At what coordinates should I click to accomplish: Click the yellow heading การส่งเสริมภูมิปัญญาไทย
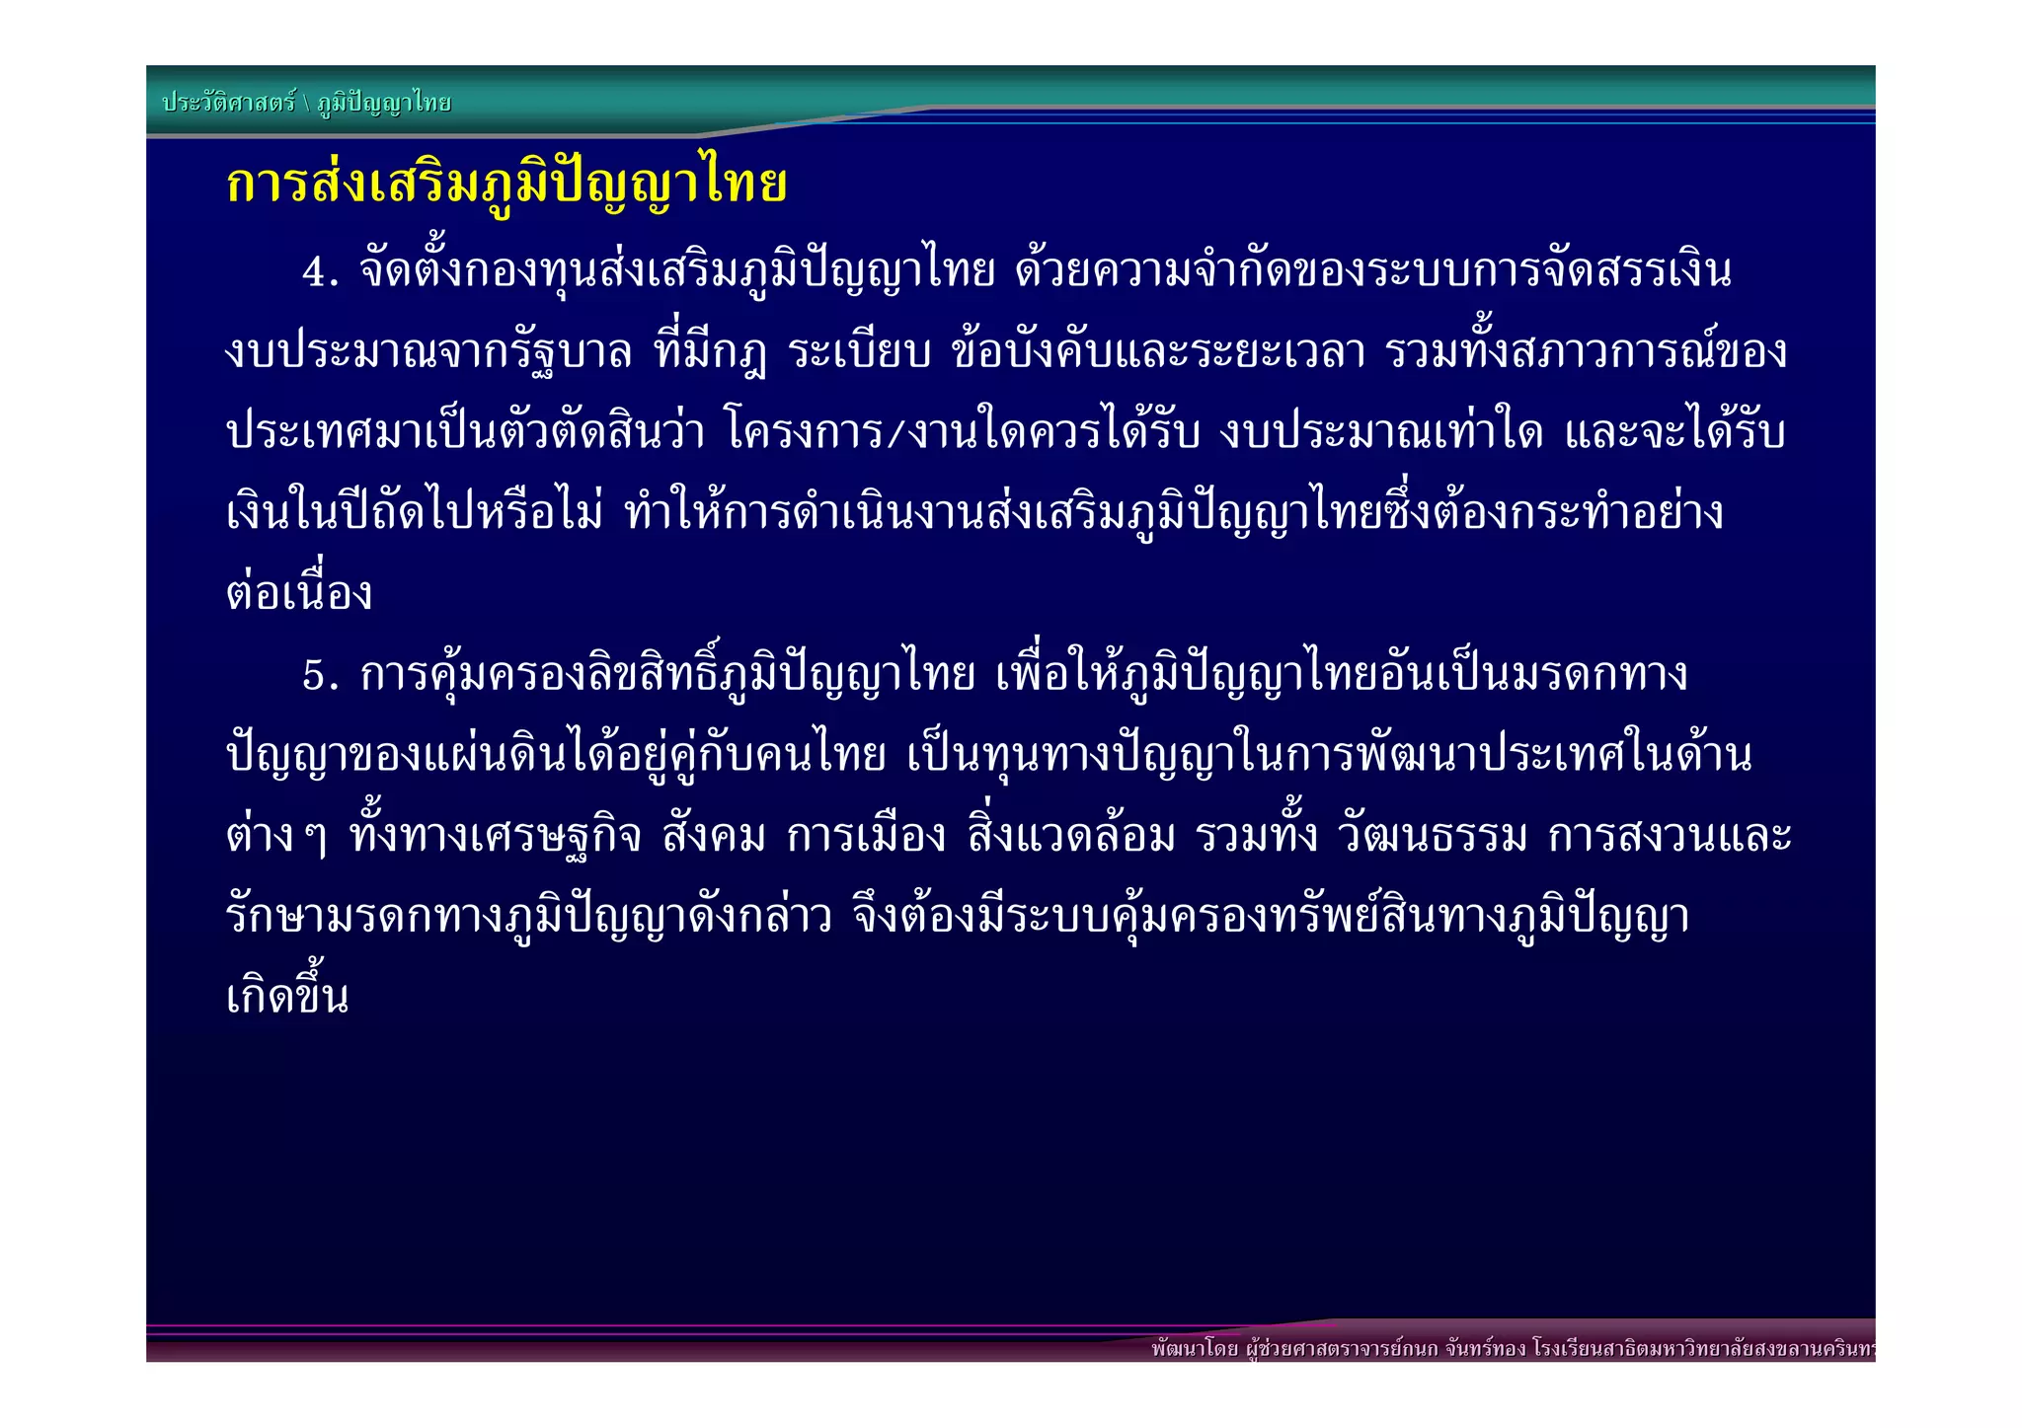(506, 184)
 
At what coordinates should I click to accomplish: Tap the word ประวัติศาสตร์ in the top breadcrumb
(229, 103)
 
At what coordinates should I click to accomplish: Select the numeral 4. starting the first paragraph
(320, 272)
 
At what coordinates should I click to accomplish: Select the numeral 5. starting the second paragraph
(320, 676)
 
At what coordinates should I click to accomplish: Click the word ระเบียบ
(860, 352)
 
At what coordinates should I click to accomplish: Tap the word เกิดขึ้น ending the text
(287, 997)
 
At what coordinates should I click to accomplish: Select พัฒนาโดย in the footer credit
(1195, 1349)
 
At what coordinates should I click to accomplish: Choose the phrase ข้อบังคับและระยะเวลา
(1158, 352)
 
